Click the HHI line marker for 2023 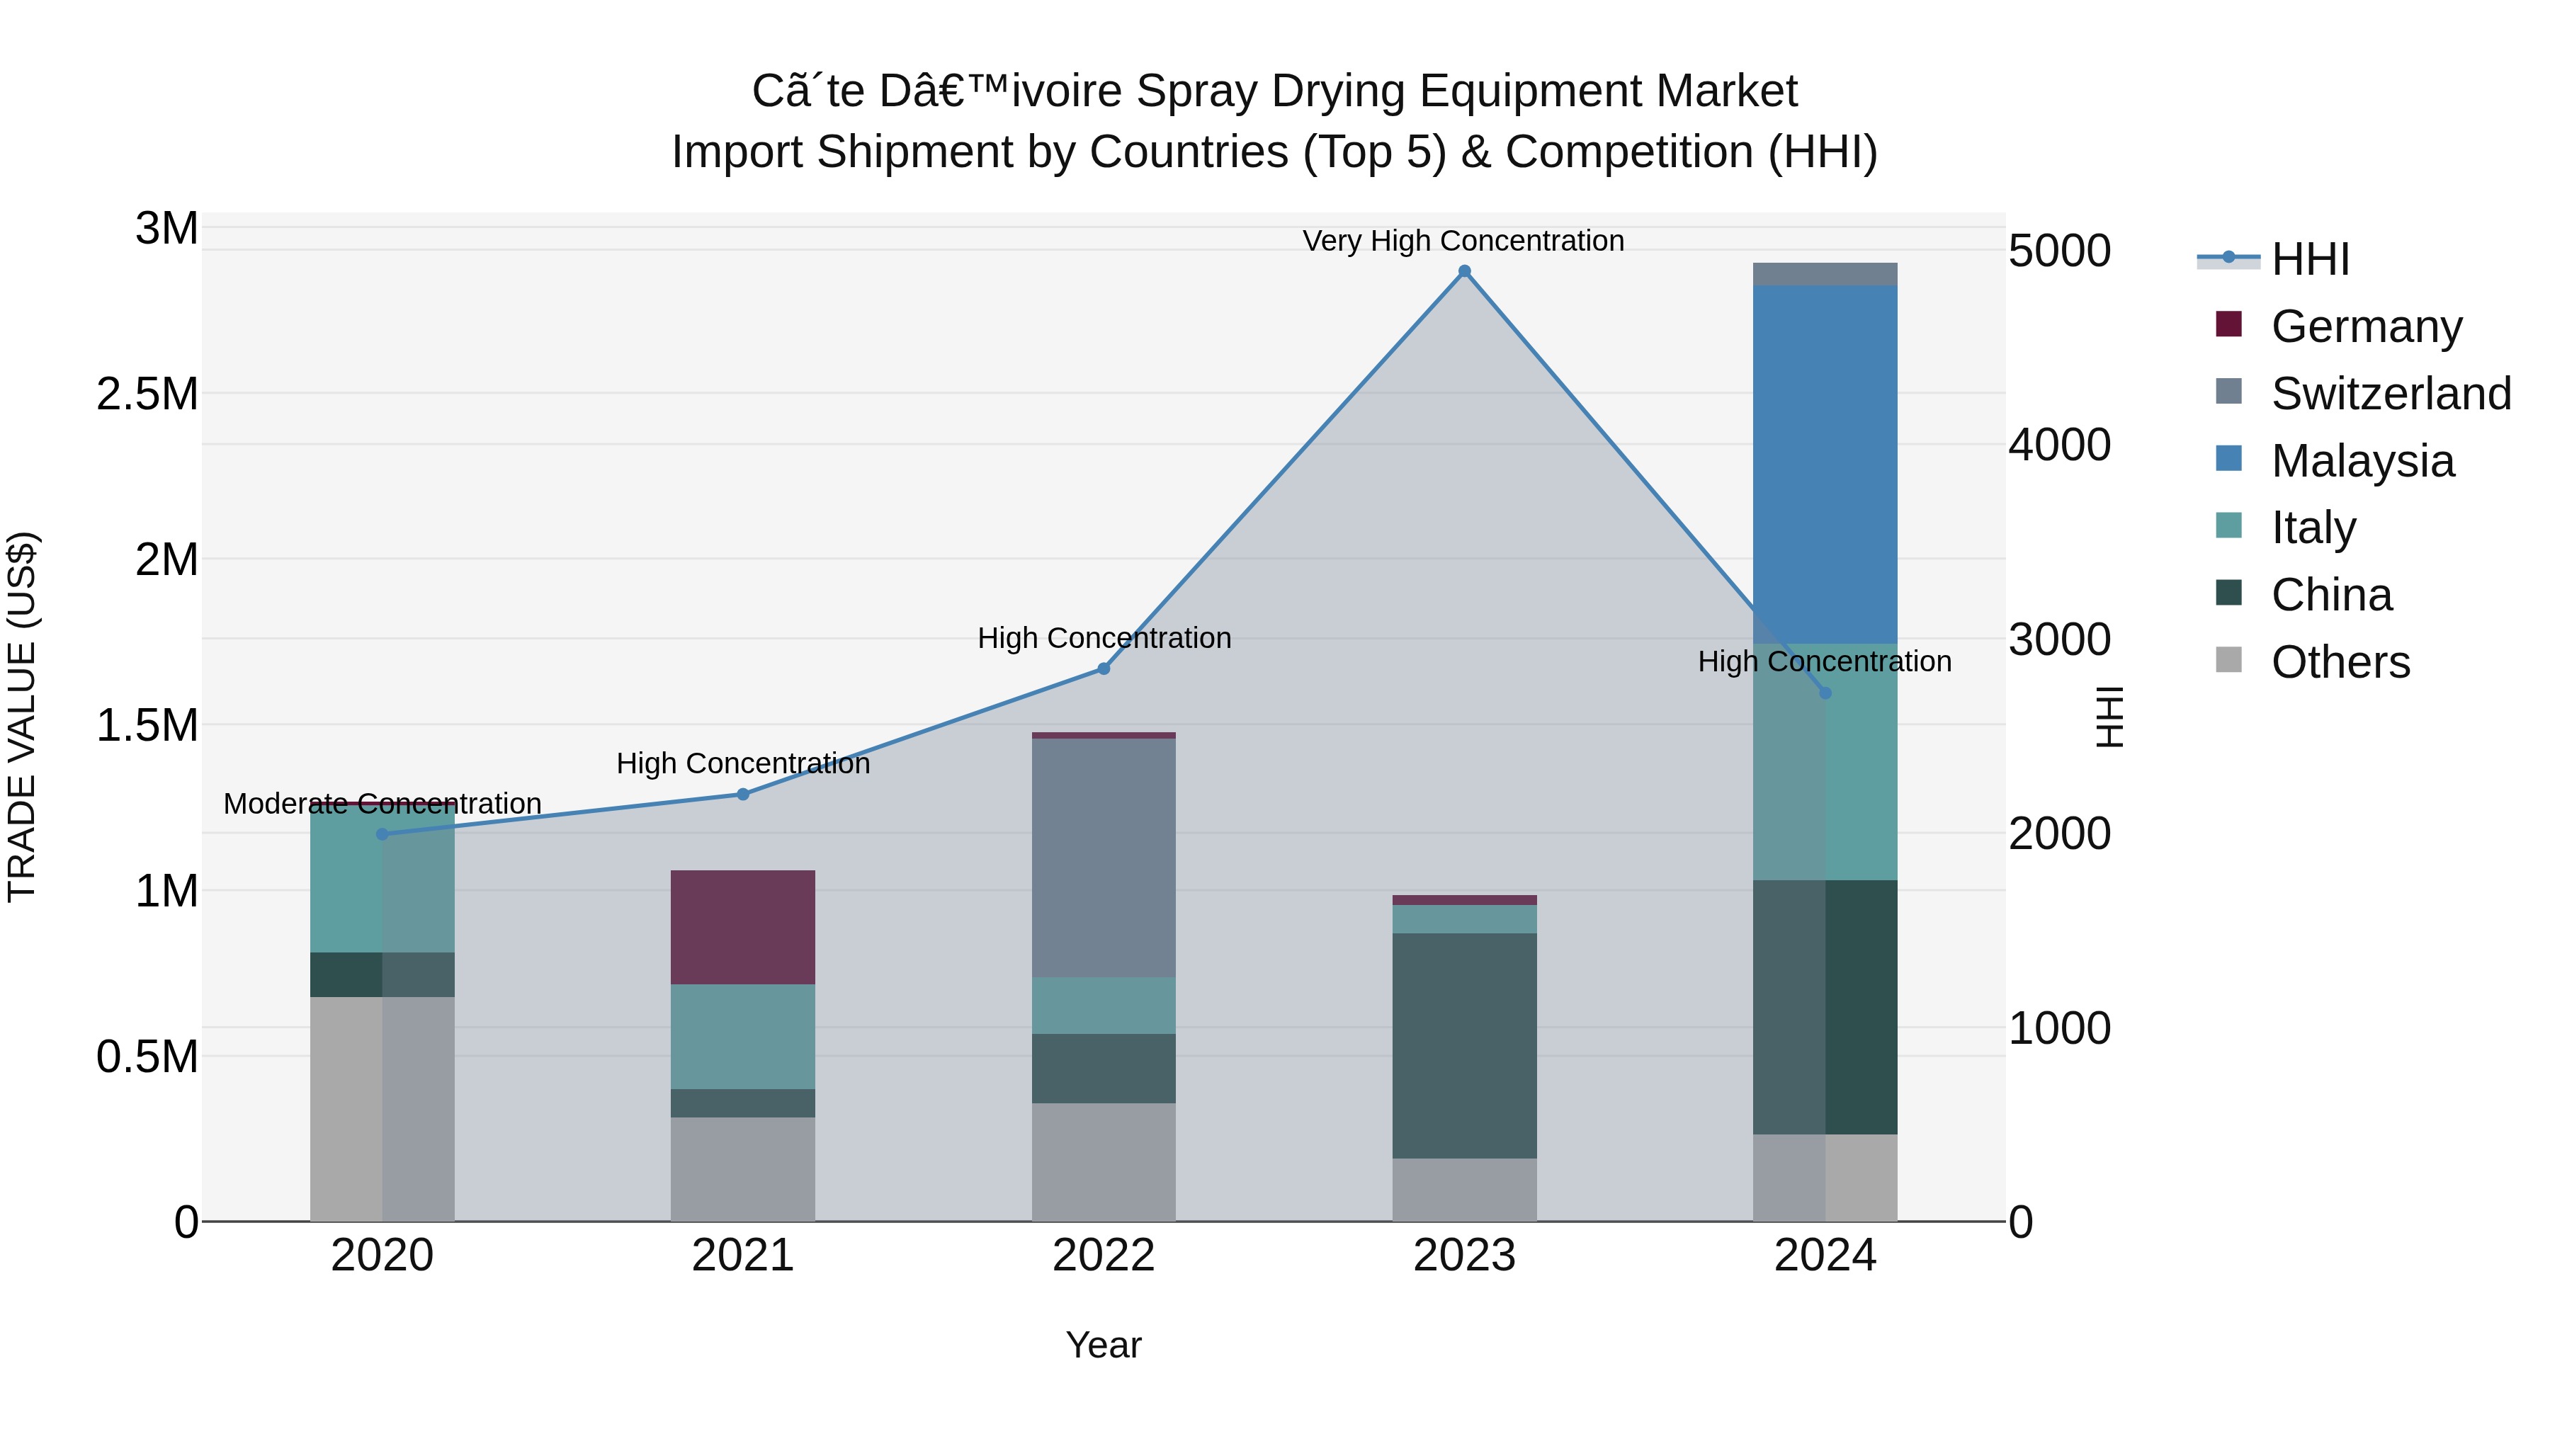1464,271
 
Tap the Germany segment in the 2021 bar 742,927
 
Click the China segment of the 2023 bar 1464,1045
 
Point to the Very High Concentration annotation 1463,241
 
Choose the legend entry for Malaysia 2362,461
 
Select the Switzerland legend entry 2390,394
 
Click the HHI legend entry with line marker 2309,259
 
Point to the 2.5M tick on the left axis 147,394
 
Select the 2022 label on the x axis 1103,1256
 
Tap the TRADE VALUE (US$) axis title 22,717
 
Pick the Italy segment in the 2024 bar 1825,762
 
